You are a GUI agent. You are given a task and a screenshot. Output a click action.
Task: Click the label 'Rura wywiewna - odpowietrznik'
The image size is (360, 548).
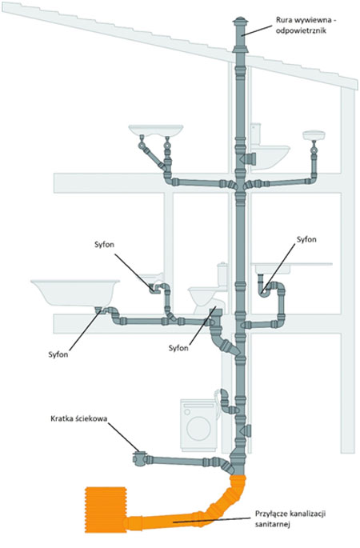click(306, 25)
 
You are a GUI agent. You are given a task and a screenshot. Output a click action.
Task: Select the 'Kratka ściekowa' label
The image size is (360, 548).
click(78, 418)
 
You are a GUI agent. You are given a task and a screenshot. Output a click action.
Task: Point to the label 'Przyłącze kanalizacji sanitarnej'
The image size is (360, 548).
click(290, 519)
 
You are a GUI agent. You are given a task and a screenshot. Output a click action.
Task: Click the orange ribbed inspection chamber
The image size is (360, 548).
click(106, 510)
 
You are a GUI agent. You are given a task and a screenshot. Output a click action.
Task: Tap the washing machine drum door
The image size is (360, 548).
click(199, 427)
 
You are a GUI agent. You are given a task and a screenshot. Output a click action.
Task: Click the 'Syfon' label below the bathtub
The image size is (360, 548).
click(58, 354)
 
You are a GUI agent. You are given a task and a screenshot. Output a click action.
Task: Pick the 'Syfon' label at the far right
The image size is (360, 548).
click(306, 239)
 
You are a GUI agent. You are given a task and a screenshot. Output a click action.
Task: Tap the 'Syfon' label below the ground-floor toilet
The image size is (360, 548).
click(178, 348)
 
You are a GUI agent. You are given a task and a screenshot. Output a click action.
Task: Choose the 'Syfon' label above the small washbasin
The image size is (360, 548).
click(104, 244)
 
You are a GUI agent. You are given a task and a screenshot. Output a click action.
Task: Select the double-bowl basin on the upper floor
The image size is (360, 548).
click(156, 130)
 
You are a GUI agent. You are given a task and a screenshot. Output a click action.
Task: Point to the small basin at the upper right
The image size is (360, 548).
click(314, 134)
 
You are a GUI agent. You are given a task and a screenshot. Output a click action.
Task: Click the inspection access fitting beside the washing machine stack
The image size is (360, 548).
click(246, 430)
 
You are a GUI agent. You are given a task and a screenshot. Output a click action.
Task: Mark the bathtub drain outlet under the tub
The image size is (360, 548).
click(99, 310)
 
